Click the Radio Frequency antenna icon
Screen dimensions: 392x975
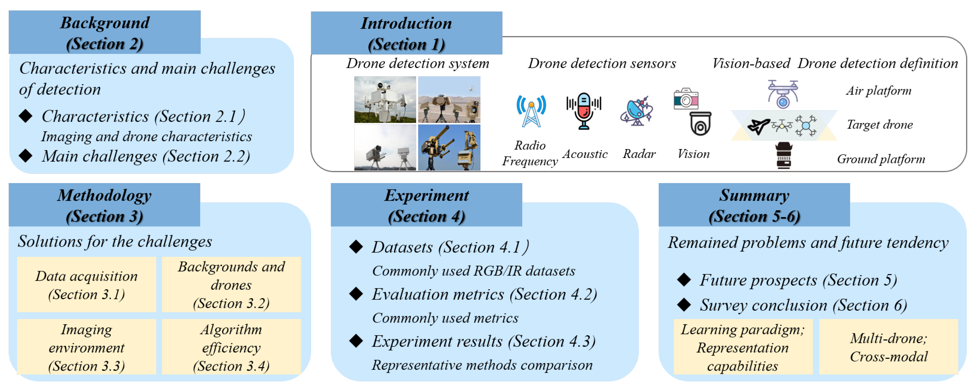pyautogui.click(x=531, y=111)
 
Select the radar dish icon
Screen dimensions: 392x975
pyautogui.click(x=637, y=112)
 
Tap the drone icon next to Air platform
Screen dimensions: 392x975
pyautogui.click(x=783, y=94)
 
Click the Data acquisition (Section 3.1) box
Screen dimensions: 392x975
pyautogui.click(x=87, y=285)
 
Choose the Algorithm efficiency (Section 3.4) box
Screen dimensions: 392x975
pyautogui.click(x=231, y=347)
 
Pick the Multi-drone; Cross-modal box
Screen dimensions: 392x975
pyautogui.click(x=888, y=347)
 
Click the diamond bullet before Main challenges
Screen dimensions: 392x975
pyautogui.click(x=26, y=156)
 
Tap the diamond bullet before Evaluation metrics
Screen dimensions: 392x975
pyautogui.click(x=356, y=294)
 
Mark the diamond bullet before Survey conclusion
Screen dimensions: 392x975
pyautogui.click(x=684, y=304)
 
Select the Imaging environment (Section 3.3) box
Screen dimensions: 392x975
pyautogui.click(x=87, y=347)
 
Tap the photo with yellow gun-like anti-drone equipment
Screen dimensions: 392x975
pyautogui.click(x=449, y=147)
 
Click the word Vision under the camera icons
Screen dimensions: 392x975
pyautogui.click(x=693, y=154)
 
